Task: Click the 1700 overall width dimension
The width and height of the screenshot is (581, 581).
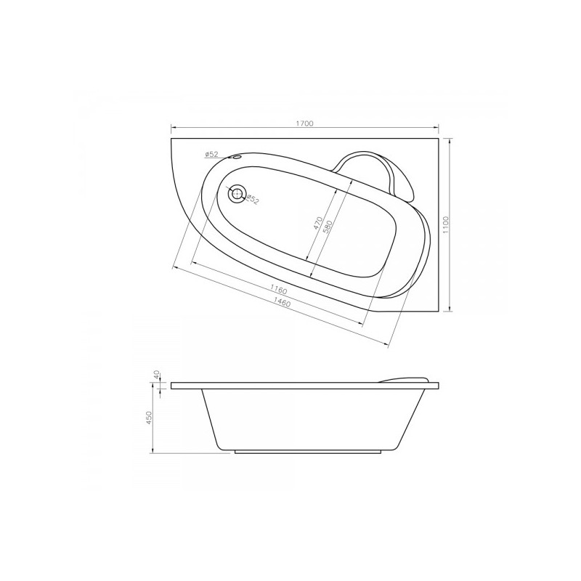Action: point(304,123)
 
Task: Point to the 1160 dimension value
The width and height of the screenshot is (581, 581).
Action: point(279,289)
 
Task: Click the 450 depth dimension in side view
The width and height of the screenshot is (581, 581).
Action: point(150,419)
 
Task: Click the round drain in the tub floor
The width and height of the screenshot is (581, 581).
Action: point(236,195)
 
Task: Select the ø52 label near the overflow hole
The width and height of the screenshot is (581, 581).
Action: point(212,155)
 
